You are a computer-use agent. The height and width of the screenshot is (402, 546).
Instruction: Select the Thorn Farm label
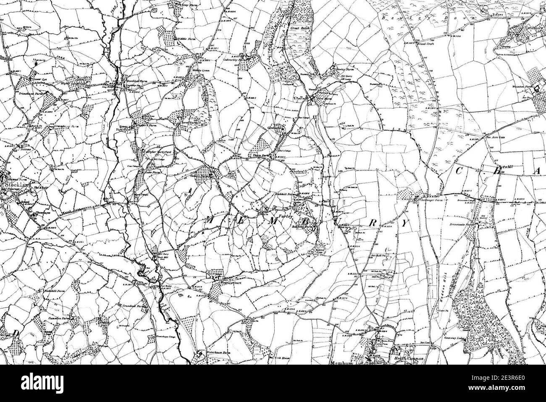pos(259,155)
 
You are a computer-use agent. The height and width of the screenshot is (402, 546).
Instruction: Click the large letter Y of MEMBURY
pos(404,224)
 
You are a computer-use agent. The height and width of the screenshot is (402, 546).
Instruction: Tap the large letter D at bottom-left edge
pos(16,333)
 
